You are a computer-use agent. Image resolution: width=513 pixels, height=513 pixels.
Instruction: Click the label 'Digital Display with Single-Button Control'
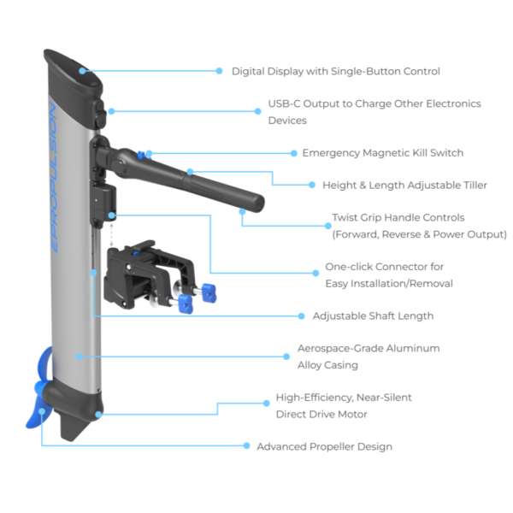pyautogui.click(x=336, y=71)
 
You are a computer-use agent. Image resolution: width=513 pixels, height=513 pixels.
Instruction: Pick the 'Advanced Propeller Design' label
pyautogui.click(x=324, y=446)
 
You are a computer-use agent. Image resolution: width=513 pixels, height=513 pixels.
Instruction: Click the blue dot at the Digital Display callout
pyautogui.click(x=83, y=71)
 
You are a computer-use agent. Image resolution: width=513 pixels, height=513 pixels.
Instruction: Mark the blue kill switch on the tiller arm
pyautogui.click(x=149, y=154)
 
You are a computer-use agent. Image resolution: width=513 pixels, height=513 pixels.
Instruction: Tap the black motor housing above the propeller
pyautogui.click(x=77, y=402)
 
